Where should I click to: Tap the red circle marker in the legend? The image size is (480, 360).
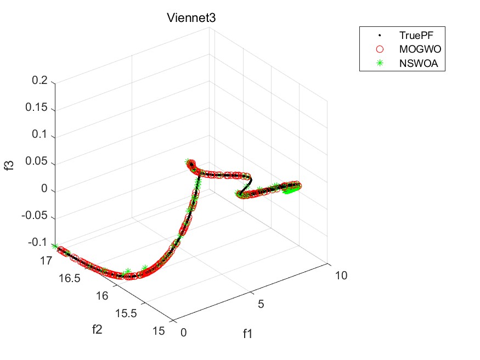(379, 49)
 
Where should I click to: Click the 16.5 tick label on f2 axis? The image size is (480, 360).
(70, 278)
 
